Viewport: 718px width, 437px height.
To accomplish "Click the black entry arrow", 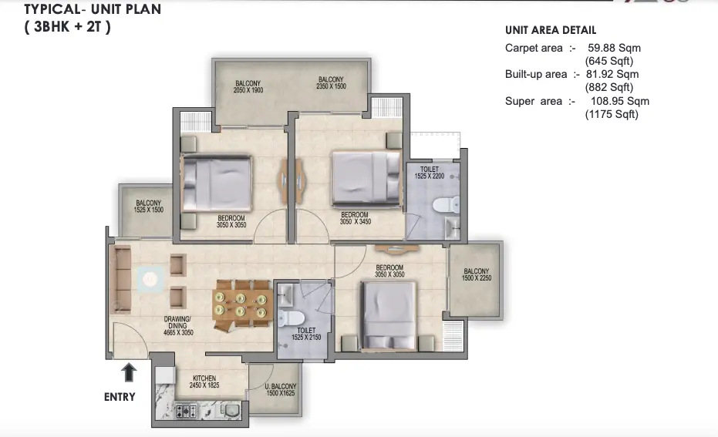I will coord(129,374).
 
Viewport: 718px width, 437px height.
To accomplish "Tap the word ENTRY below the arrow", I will coord(120,397).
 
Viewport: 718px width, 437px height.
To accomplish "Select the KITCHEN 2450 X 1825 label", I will coord(205,381).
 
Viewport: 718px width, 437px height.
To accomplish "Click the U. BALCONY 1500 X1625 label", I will coord(279,390).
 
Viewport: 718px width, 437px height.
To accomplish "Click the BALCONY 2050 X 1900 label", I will coord(248,86).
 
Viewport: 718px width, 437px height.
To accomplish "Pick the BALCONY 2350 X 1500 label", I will coord(331,82).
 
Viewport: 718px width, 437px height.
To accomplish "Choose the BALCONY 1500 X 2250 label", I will coord(476,274).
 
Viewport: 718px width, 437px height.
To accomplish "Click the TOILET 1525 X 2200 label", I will coord(430,173).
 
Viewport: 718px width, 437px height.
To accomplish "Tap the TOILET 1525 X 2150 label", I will coord(306,334).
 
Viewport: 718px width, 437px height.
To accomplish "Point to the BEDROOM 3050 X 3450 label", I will coord(355,218).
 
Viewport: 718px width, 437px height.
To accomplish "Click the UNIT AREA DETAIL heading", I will coord(550,30).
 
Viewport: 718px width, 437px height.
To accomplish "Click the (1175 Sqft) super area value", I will coord(612,114).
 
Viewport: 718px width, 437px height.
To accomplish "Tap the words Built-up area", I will coord(535,74).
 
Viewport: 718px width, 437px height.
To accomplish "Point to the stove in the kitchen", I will coord(185,411).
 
